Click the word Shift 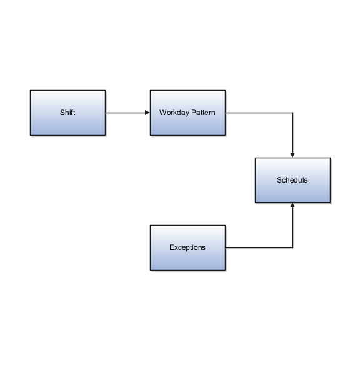point(67,113)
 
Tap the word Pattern point(202,113)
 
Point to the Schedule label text point(292,180)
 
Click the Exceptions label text point(187,247)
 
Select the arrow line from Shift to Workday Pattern point(127,113)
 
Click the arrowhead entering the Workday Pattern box point(147,113)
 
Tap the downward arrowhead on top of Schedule point(292,154)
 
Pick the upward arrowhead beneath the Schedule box point(292,206)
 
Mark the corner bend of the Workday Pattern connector point(292,113)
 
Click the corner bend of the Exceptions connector point(292,248)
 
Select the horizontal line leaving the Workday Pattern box point(259,113)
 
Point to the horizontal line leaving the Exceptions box point(259,248)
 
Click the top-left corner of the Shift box point(31,91)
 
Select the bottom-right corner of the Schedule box point(330,202)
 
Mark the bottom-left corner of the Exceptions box point(151,270)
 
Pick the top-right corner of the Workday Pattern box point(226,91)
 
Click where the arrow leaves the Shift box point(106,113)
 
